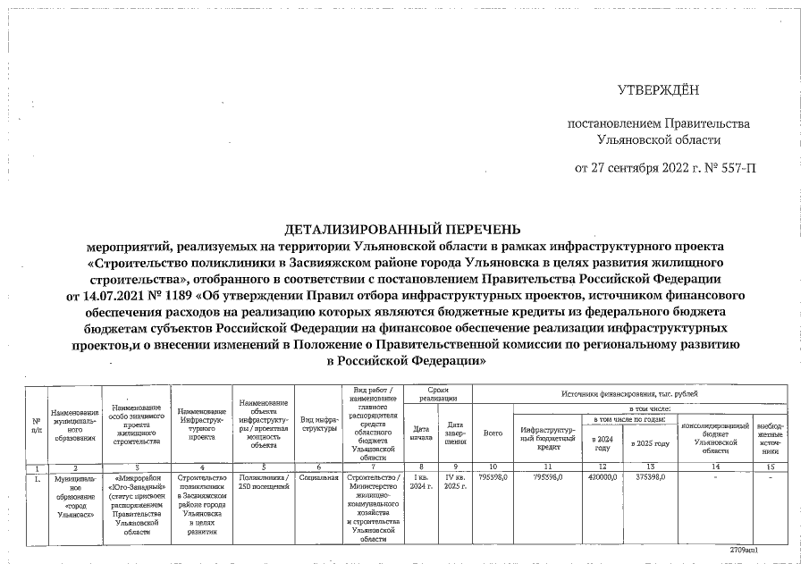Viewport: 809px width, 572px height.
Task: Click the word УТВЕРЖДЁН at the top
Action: [x=659, y=90]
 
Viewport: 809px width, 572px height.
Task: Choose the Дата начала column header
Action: [x=420, y=432]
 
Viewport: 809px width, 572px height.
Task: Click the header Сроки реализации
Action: [x=437, y=396]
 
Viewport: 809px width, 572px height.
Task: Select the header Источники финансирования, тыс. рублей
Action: [x=630, y=393]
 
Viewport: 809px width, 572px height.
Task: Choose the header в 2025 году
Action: [x=650, y=442]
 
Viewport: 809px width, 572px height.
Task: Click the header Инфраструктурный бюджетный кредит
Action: [x=548, y=436]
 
